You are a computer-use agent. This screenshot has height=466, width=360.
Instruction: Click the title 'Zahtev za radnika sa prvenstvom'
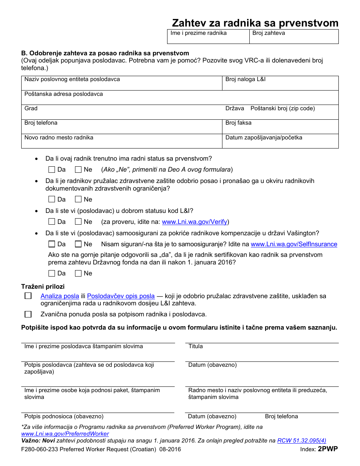point(255,23)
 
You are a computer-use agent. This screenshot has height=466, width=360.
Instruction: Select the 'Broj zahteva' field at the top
point(294,37)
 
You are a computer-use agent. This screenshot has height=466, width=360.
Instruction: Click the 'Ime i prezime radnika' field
point(208,37)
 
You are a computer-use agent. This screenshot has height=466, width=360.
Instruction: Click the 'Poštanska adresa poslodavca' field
point(180,98)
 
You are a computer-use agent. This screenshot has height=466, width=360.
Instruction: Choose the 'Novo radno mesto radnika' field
point(121,142)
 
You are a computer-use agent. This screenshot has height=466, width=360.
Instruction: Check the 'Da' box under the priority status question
point(52,170)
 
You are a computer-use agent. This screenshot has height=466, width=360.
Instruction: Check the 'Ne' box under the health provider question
point(78,199)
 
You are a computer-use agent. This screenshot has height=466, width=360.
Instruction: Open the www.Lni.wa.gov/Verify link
point(194,222)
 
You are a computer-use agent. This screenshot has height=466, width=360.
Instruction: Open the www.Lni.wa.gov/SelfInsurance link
point(294,244)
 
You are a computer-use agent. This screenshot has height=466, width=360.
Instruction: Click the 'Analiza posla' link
point(60,296)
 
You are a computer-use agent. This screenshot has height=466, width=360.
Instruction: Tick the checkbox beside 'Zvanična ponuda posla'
point(28,314)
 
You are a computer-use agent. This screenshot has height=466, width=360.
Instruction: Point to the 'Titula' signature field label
point(196,346)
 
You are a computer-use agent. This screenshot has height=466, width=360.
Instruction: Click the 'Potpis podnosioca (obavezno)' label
point(64,416)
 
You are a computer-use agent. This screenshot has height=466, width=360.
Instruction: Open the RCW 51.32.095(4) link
point(302,441)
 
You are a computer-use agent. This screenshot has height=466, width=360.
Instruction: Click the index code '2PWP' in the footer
point(328,449)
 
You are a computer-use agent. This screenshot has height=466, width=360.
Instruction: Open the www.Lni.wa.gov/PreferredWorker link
point(65,434)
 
